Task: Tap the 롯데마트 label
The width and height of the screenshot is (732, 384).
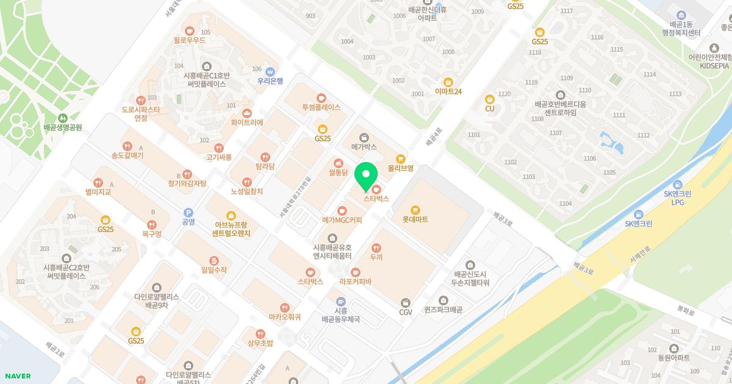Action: [x=415, y=219]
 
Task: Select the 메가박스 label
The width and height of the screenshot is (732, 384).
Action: [x=364, y=147]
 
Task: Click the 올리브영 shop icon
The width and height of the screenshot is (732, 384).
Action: [x=401, y=158]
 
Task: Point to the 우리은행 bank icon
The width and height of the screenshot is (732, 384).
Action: [x=270, y=71]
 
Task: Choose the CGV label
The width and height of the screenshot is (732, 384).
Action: [x=406, y=312]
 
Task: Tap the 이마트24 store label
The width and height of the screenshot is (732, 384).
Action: [x=448, y=91]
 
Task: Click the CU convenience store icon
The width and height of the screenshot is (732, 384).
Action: [x=489, y=99]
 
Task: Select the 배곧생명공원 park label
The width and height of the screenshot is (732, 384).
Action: [x=63, y=128]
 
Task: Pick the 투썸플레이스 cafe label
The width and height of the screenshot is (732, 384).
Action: [x=321, y=107]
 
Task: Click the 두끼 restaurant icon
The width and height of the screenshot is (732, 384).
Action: [x=376, y=248]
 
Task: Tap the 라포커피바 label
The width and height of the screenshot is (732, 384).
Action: [x=355, y=282]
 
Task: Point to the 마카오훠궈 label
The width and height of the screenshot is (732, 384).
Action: [x=284, y=317]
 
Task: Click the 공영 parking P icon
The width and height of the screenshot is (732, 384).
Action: [x=188, y=212]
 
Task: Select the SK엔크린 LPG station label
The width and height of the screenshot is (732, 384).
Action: [x=679, y=198]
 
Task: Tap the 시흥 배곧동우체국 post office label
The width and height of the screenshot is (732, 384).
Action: [x=340, y=315]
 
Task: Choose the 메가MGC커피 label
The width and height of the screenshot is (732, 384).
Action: [x=342, y=219]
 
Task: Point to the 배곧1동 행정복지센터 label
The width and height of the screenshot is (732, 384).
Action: [x=681, y=28]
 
